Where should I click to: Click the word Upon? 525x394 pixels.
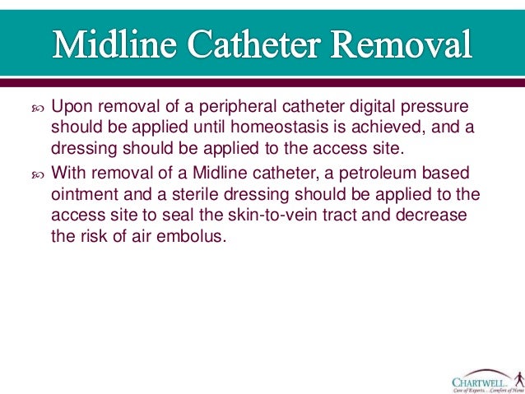(70, 107)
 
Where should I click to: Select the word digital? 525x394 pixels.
(372, 107)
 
